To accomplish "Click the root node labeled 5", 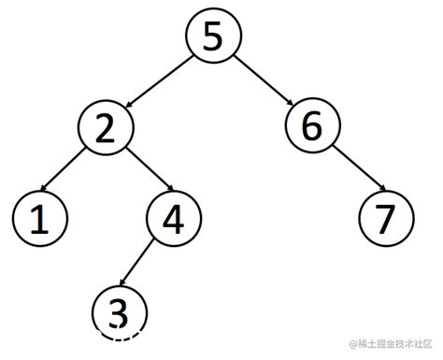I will click(213, 36).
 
